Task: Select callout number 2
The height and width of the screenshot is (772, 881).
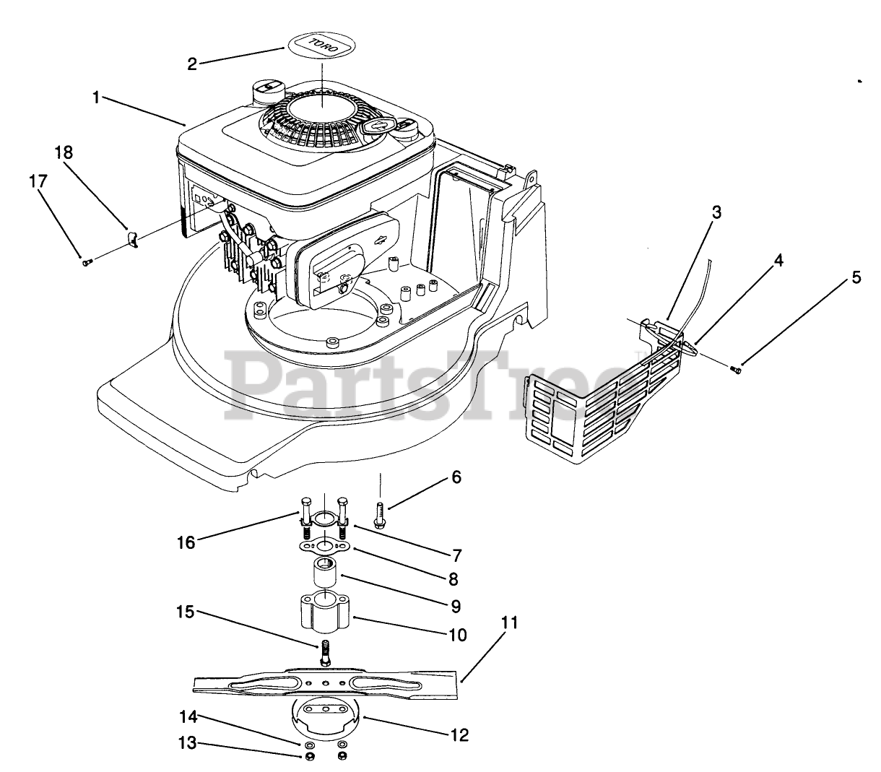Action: point(192,64)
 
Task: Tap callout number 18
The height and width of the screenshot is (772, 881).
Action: point(64,153)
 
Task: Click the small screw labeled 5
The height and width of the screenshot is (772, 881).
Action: point(737,370)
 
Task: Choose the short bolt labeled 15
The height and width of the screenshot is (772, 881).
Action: point(324,653)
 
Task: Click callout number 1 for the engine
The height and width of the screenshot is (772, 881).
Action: point(97,97)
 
